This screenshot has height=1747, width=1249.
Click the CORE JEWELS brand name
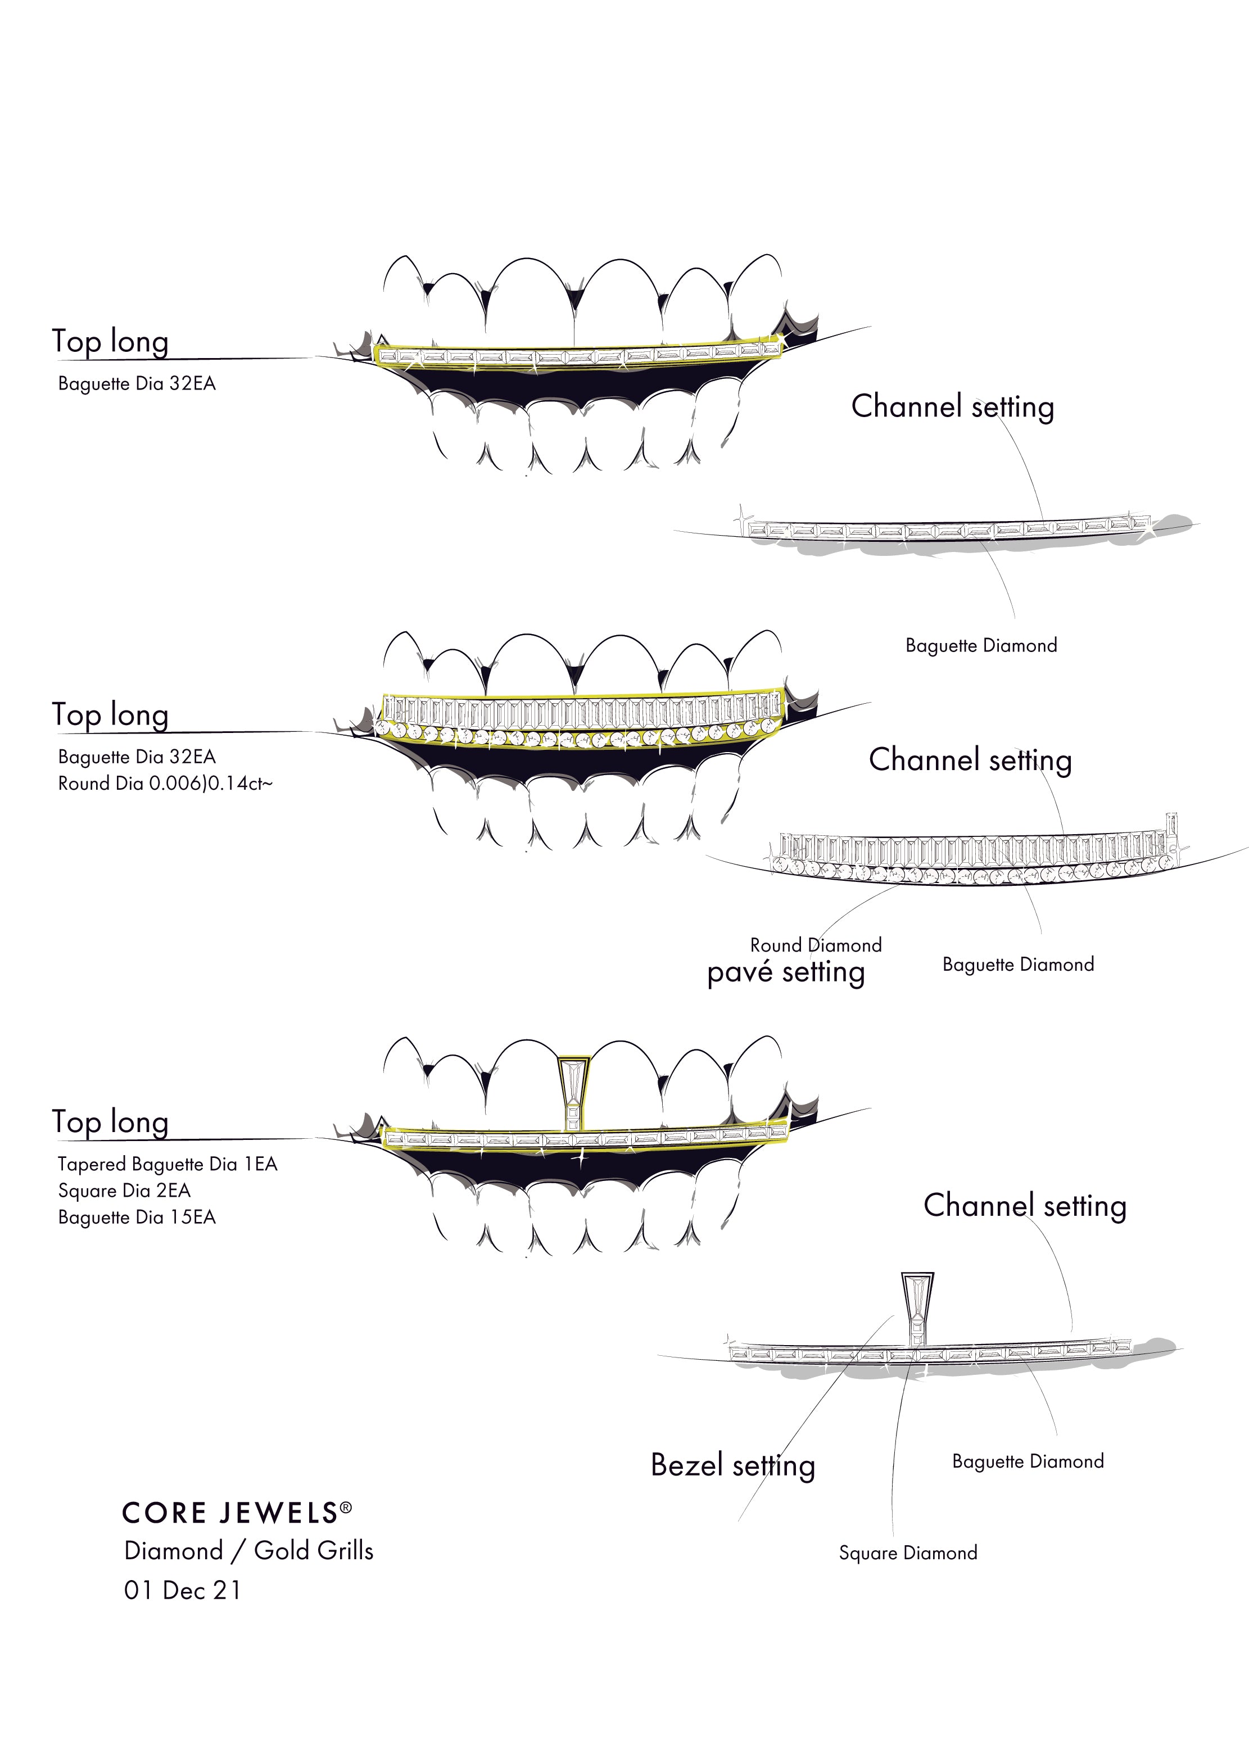(230, 1513)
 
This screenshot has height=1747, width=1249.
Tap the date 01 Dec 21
(182, 1590)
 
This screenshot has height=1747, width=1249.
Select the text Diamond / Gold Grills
(248, 1551)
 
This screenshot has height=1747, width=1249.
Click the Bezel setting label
(732, 1465)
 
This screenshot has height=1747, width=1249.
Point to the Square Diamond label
(908, 1553)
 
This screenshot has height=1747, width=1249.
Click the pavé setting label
(785, 972)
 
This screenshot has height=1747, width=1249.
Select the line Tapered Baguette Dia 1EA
(167, 1164)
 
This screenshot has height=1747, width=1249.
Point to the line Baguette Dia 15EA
(137, 1217)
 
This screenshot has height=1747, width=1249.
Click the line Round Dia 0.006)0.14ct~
(165, 784)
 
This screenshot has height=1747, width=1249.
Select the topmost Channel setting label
(952, 407)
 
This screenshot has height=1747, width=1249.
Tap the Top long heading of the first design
(110, 341)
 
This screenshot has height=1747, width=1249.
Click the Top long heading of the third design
(110, 1122)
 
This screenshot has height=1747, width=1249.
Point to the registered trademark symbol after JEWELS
(346, 1508)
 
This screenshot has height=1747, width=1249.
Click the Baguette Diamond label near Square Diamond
(1028, 1461)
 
